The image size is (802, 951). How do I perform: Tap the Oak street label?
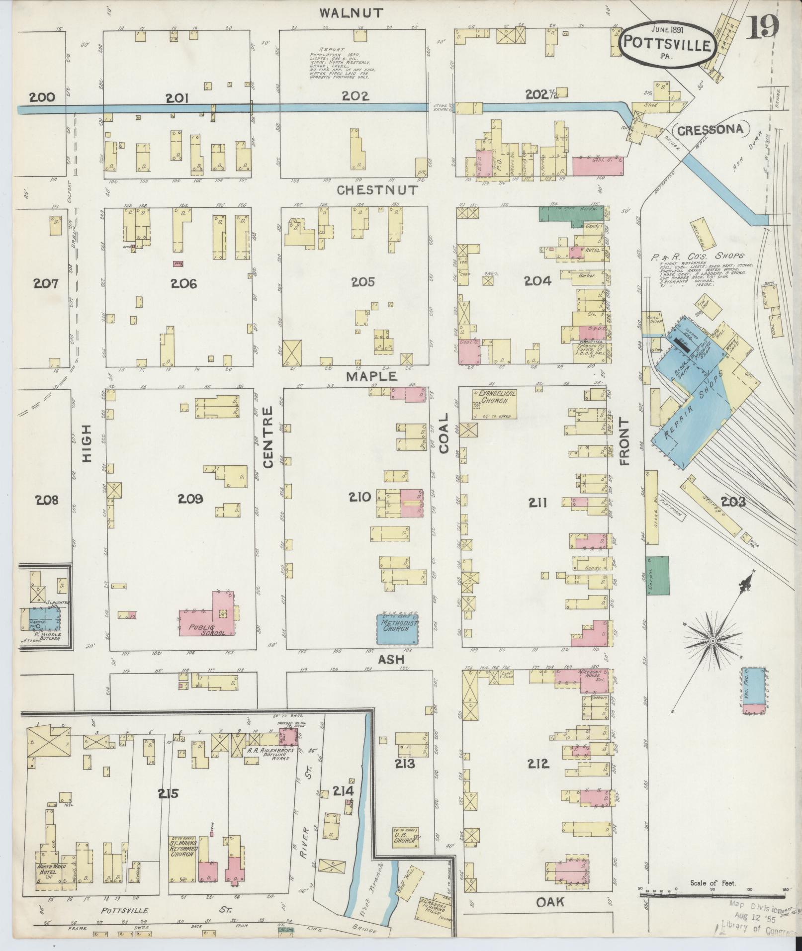coord(550,901)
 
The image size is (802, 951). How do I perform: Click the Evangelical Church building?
coord(494,403)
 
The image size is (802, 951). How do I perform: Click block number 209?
coord(191,498)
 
